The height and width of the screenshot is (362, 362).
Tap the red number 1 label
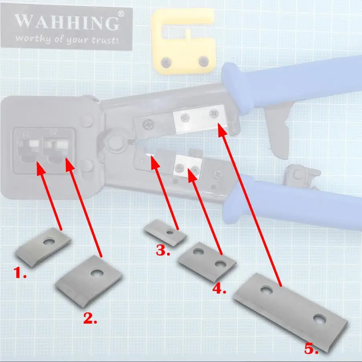tap(20, 274)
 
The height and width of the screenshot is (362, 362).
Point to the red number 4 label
tap(219, 289)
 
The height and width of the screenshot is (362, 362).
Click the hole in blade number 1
tap(50, 242)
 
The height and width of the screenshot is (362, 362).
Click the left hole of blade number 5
tap(265, 289)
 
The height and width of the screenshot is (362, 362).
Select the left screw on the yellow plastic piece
tap(166, 62)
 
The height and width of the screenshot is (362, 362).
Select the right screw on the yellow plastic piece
tap(204, 61)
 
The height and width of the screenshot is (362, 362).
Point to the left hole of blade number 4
tap(197, 252)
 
